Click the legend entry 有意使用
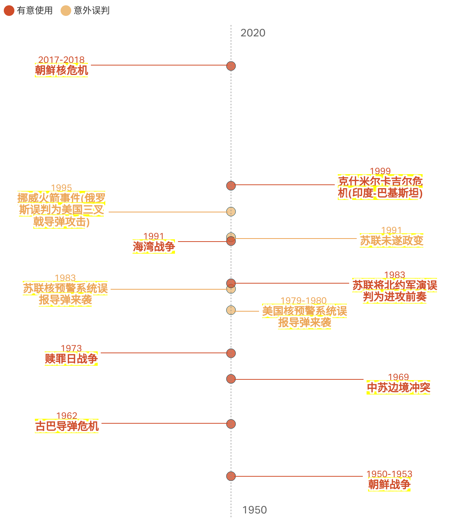click(x=28, y=11)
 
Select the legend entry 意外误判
click(x=85, y=11)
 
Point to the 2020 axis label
click(x=253, y=33)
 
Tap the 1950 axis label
click(x=254, y=510)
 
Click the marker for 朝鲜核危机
click(x=231, y=66)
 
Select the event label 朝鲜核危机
click(x=61, y=70)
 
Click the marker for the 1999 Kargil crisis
click(x=231, y=186)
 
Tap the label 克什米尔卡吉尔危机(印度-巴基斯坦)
click(x=380, y=187)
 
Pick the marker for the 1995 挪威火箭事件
click(x=231, y=211)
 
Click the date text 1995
click(x=61, y=188)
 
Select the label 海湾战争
click(x=154, y=247)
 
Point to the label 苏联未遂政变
click(x=392, y=240)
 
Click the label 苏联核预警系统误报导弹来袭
click(x=65, y=294)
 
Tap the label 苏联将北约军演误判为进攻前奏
click(x=395, y=291)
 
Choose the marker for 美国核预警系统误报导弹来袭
click(x=231, y=310)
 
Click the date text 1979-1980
click(x=304, y=301)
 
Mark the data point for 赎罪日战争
click(x=231, y=353)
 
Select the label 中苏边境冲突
click(x=398, y=388)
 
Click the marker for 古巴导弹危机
click(x=231, y=424)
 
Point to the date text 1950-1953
click(x=389, y=474)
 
